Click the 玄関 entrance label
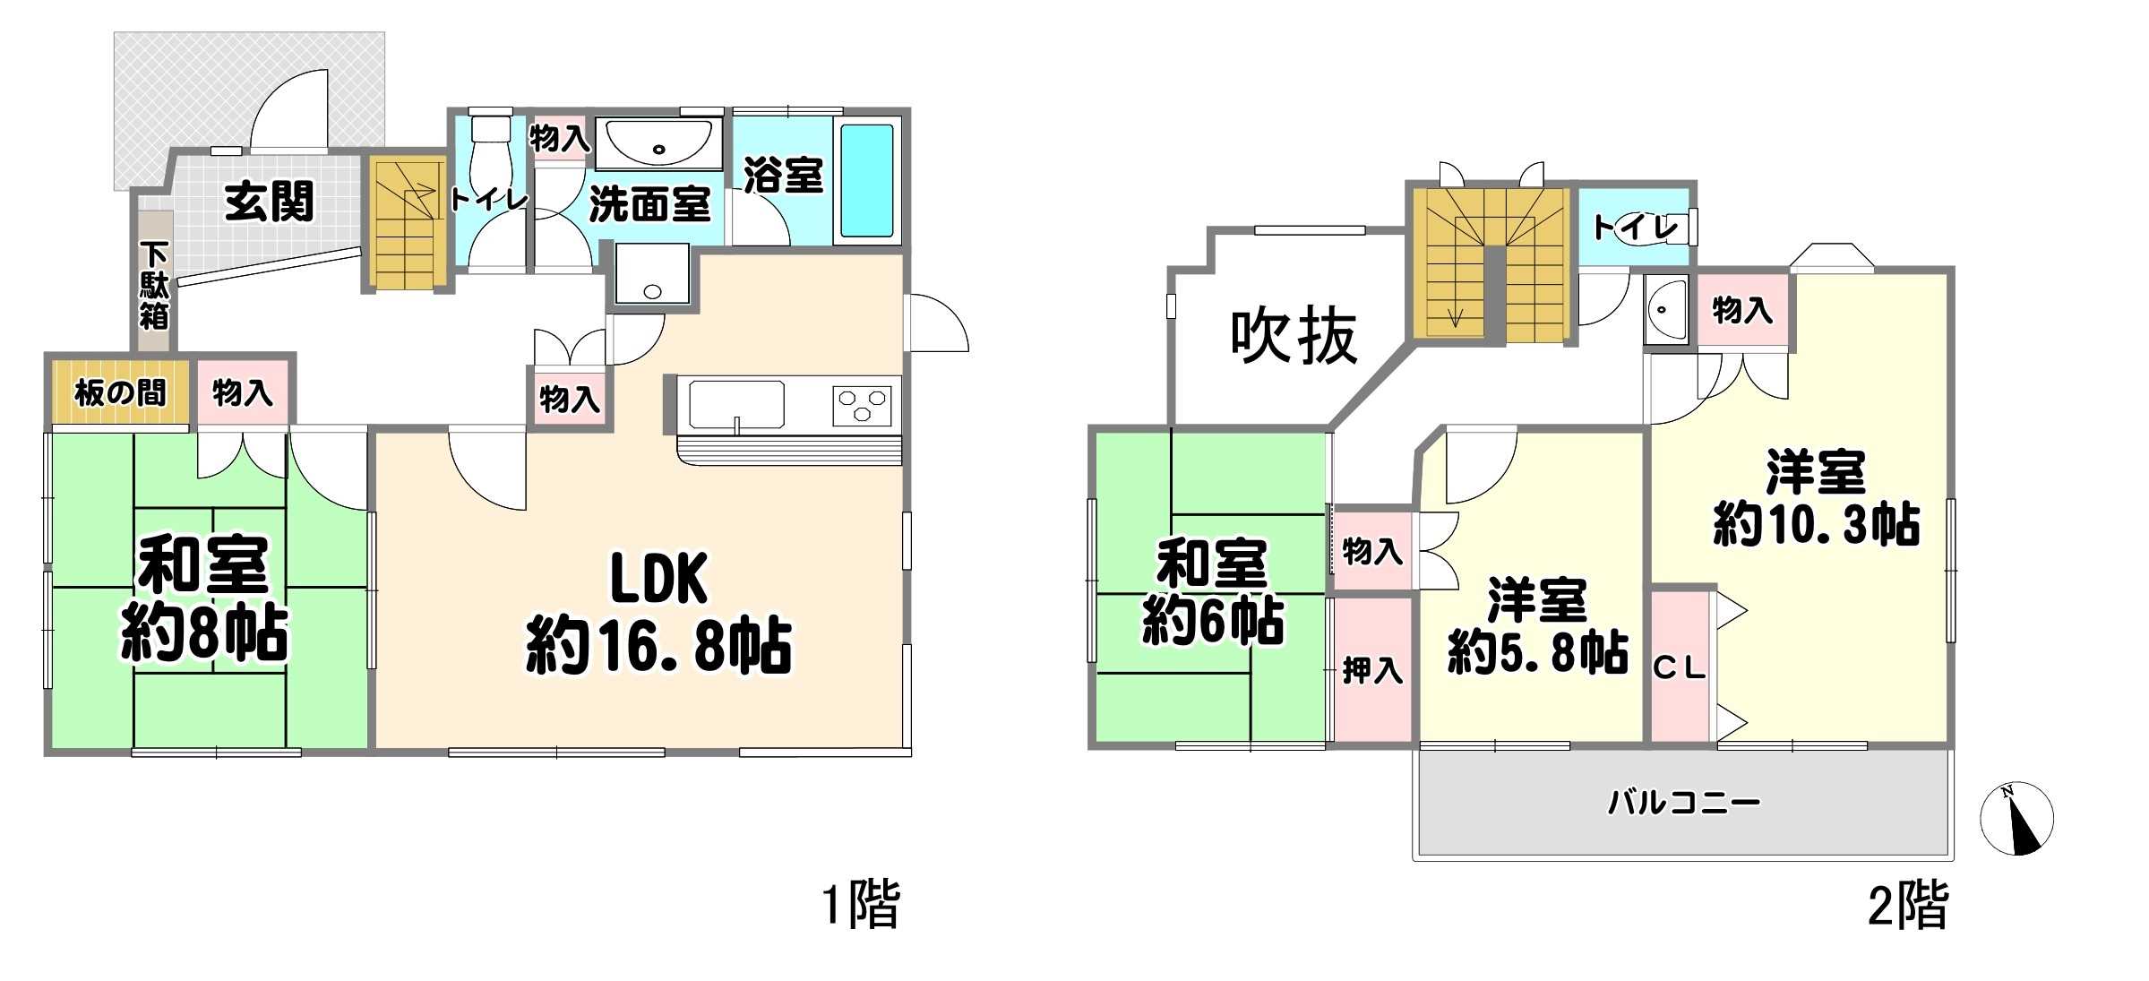(269, 202)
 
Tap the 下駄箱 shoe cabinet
(155, 282)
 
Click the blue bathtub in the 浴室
(867, 180)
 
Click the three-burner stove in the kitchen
(863, 406)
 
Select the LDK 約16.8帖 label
(658, 612)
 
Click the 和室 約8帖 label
(204, 598)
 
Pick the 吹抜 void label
(1294, 336)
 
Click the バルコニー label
(1684, 801)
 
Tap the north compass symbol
(2016, 818)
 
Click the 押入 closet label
(1372, 670)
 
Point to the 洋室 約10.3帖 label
(1816, 498)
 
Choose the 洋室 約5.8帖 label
(1537, 625)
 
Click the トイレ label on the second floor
(1635, 228)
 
